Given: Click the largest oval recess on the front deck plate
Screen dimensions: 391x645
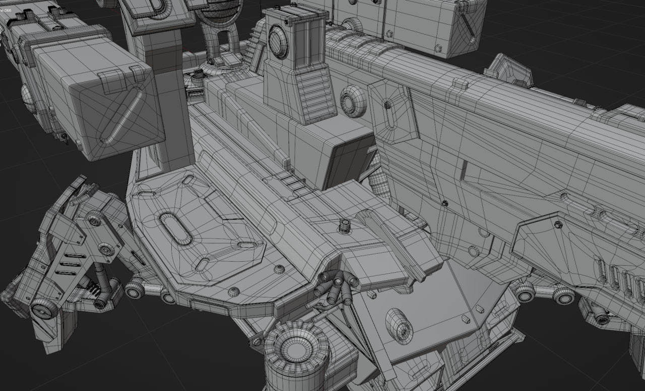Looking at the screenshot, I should point(175,228).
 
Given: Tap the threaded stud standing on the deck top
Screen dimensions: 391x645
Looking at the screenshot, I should point(345,226).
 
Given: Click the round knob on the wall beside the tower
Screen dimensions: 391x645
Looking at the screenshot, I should point(352,101).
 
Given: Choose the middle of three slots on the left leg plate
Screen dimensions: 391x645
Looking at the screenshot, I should point(70,264).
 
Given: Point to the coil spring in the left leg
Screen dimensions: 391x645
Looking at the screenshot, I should point(93,289).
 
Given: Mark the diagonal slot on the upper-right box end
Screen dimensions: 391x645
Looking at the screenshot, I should point(469,25).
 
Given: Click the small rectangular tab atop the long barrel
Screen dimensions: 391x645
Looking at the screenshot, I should point(460,83).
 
